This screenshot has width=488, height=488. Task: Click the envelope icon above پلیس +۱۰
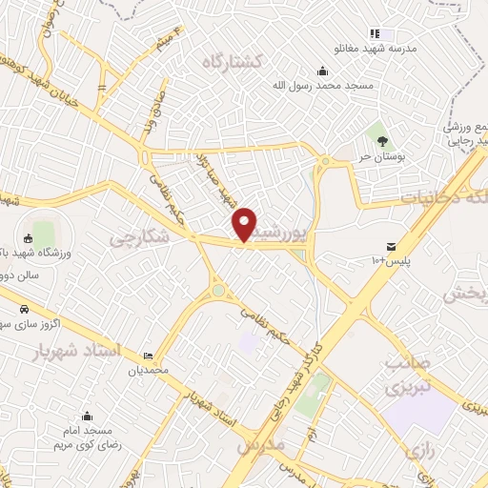click(x=391, y=246)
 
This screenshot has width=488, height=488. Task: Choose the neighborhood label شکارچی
click(x=138, y=235)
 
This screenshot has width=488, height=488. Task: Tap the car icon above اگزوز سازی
click(x=23, y=309)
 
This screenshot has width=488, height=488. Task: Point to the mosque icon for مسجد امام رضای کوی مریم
click(x=87, y=416)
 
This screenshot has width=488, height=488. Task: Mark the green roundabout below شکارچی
click(x=219, y=290)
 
